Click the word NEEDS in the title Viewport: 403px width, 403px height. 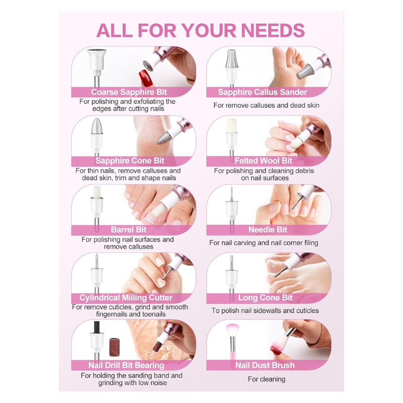[x=273, y=31]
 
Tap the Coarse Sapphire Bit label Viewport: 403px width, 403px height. [x=129, y=92]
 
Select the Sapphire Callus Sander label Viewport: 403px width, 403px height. [x=262, y=92]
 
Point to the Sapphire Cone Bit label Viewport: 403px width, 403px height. [x=129, y=161]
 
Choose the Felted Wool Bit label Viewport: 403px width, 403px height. [x=263, y=161]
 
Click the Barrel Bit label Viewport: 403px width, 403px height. [x=128, y=230]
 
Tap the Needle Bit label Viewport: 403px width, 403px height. [x=267, y=230]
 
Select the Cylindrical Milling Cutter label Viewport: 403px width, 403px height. [x=125, y=298]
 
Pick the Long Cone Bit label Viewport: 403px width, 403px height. [x=265, y=298]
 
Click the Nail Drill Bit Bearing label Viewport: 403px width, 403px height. [x=126, y=365]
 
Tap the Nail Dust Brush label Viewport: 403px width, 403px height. [x=265, y=365]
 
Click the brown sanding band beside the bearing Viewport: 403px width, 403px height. [x=115, y=347]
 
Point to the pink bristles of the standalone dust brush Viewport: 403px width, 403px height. [x=233, y=330]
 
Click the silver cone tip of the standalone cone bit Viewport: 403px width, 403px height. [x=97, y=126]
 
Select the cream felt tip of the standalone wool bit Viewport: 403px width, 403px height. [x=232, y=125]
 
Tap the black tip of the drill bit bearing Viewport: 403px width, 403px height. [x=97, y=327]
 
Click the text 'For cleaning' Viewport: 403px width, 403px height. [x=266, y=379]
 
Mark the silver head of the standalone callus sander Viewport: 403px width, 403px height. [x=232, y=58]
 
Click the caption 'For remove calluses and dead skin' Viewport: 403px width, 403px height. [x=266, y=105]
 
